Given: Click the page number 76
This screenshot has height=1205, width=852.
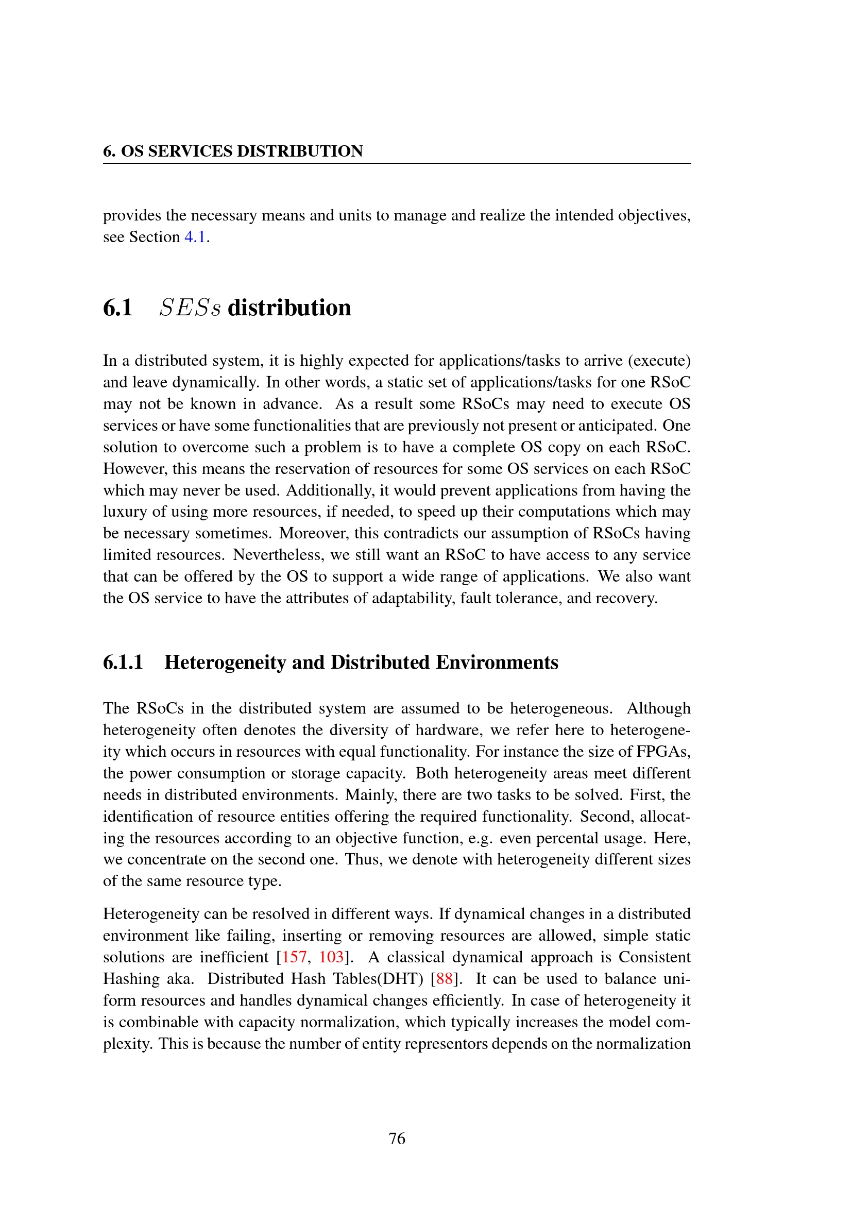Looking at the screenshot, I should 397,1139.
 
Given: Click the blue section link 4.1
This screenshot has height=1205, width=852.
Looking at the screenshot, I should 195,236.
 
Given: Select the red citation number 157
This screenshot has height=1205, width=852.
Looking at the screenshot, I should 294,957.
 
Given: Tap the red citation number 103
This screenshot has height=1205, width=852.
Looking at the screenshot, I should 331,957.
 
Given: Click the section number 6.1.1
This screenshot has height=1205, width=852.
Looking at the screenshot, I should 123,663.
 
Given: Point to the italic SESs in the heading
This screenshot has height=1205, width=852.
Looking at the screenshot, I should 190,308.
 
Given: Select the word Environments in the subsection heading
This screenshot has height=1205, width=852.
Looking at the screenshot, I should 497,663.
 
